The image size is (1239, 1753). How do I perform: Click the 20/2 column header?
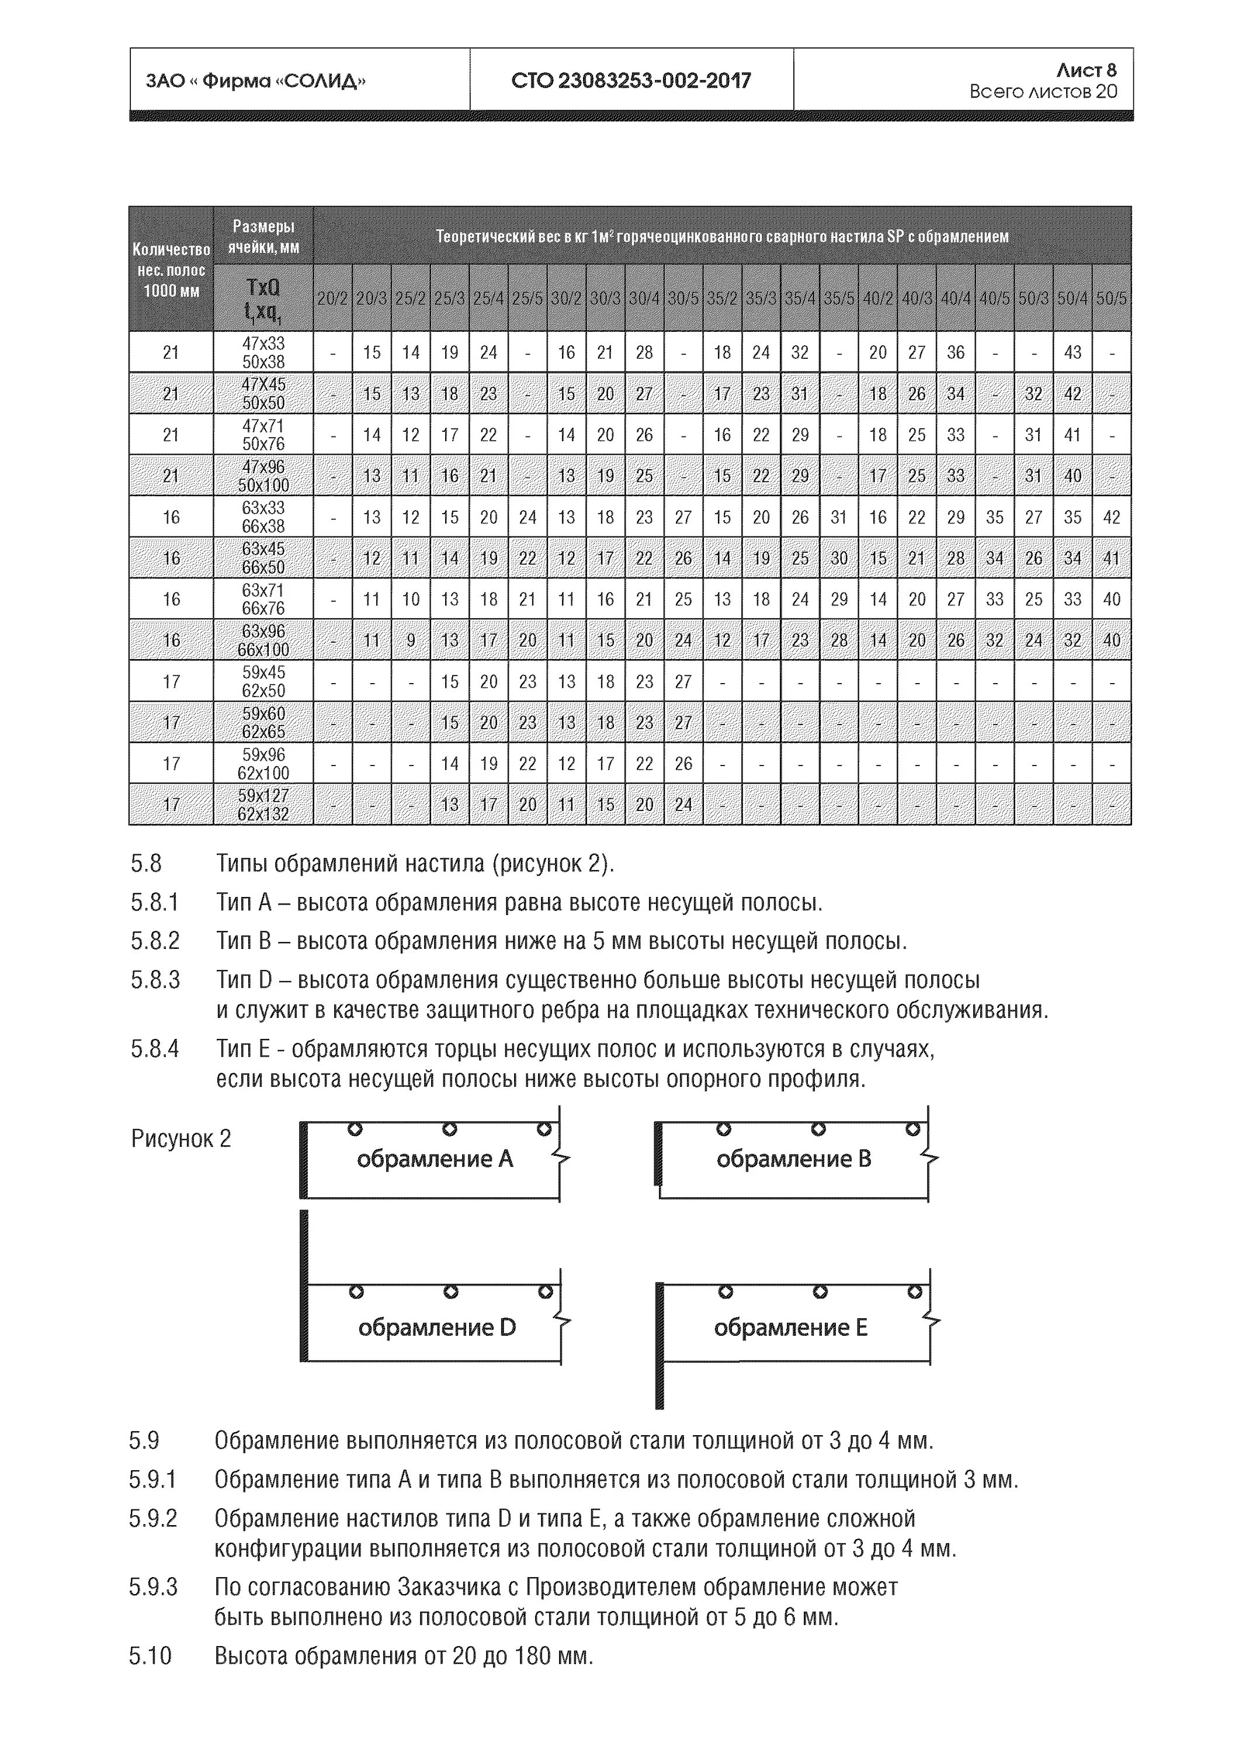click(332, 299)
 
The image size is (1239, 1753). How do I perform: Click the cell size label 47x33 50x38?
click(263, 352)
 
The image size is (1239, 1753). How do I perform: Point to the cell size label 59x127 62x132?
click(263, 805)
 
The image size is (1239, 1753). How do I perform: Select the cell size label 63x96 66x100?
click(263, 640)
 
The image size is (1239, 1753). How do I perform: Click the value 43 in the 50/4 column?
click(1072, 352)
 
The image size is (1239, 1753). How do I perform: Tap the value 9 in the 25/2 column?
click(411, 640)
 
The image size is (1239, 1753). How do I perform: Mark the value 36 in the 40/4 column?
click(955, 352)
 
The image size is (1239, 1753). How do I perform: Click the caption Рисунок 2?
click(181, 1138)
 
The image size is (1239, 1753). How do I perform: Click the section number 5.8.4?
click(154, 1048)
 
